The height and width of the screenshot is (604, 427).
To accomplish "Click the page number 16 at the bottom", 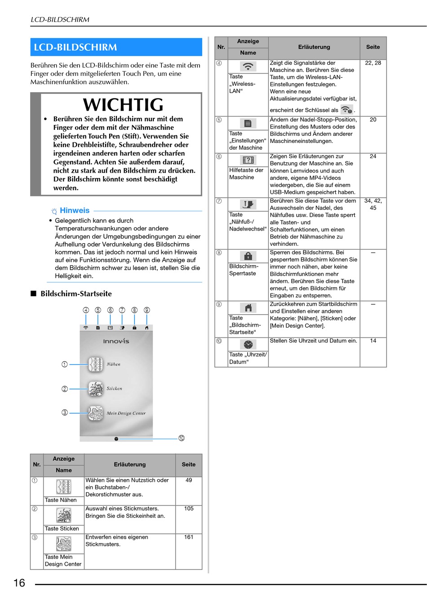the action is pos(19,583).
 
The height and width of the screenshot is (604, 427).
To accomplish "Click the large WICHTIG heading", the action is pos(123,105).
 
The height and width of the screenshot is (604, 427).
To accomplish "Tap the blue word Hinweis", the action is pos(75,210).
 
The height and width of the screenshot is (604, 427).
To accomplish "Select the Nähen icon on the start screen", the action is pos(95,364).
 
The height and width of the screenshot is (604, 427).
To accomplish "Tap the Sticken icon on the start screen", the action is pos(95,389).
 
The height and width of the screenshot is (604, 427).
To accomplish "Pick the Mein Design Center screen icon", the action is pos(95,413).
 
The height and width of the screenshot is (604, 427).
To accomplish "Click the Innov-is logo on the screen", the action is pos(116,341).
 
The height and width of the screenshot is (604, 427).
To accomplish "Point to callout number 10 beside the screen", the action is pos(182,438).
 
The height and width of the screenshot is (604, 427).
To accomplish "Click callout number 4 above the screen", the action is pos(86,310).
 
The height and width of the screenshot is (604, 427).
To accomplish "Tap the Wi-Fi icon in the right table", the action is pos(248,66).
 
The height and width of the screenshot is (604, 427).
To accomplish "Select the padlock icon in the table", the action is pos(248,256).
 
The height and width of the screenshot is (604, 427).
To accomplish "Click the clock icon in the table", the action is pos(248,344).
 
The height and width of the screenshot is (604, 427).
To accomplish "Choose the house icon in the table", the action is pos(248,307).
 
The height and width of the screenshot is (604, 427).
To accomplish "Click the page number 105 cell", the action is pos(189,509).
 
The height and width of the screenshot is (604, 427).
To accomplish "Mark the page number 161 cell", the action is pos(189,537).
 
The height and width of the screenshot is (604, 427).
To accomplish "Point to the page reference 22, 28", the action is pos(373,63).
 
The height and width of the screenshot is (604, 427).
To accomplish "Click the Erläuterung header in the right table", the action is pos(314,47).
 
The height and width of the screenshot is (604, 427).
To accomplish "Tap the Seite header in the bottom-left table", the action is pos(188,464).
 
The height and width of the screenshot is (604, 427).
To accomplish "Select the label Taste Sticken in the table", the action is pos(62,528).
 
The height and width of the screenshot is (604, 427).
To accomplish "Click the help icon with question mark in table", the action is pos(248,160).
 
